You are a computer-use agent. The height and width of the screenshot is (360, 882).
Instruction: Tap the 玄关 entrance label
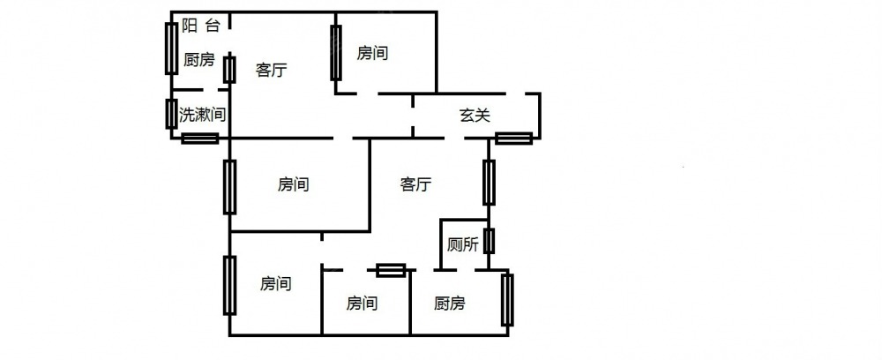pyautogui.click(x=475, y=114)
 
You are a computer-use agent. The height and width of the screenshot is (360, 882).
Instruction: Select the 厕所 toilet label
pyautogui.click(x=463, y=244)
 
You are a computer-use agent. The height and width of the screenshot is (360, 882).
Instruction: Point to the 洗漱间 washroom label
pyautogui.click(x=202, y=115)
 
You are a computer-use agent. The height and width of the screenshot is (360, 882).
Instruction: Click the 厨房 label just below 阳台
pyautogui.click(x=198, y=60)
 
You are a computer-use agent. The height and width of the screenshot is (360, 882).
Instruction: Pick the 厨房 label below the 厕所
pyautogui.click(x=450, y=304)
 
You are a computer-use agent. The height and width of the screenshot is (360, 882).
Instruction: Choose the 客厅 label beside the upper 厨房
pyautogui.click(x=271, y=71)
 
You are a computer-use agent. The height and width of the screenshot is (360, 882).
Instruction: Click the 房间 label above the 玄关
pyautogui.click(x=372, y=53)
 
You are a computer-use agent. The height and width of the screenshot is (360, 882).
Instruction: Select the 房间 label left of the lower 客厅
pyautogui.click(x=293, y=184)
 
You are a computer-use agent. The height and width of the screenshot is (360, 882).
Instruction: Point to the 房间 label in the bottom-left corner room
pyautogui.click(x=275, y=283)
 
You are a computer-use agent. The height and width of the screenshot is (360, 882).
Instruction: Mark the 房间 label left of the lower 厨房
pyautogui.click(x=362, y=304)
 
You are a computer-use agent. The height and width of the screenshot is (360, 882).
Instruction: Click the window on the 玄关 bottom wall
pyautogui.click(x=513, y=138)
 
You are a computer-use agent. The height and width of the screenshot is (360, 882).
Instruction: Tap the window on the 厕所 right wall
pyautogui.click(x=489, y=241)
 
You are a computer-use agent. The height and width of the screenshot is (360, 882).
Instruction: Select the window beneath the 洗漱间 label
pyautogui.click(x=200, y=138)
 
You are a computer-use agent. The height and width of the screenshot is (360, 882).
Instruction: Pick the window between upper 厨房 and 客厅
pyautogui.click(x=229, y=69)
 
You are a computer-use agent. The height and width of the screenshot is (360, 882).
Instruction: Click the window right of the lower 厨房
pyautogui.click(x=507, y=300)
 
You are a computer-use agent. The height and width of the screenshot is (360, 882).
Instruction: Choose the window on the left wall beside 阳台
pyautogui.click(x=170, y=48)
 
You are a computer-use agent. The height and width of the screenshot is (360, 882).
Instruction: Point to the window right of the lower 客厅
pyautogui.click(x=489, y=182)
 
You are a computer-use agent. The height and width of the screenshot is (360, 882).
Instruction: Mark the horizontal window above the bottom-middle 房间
pyautogui.click(x=390, y=271)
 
